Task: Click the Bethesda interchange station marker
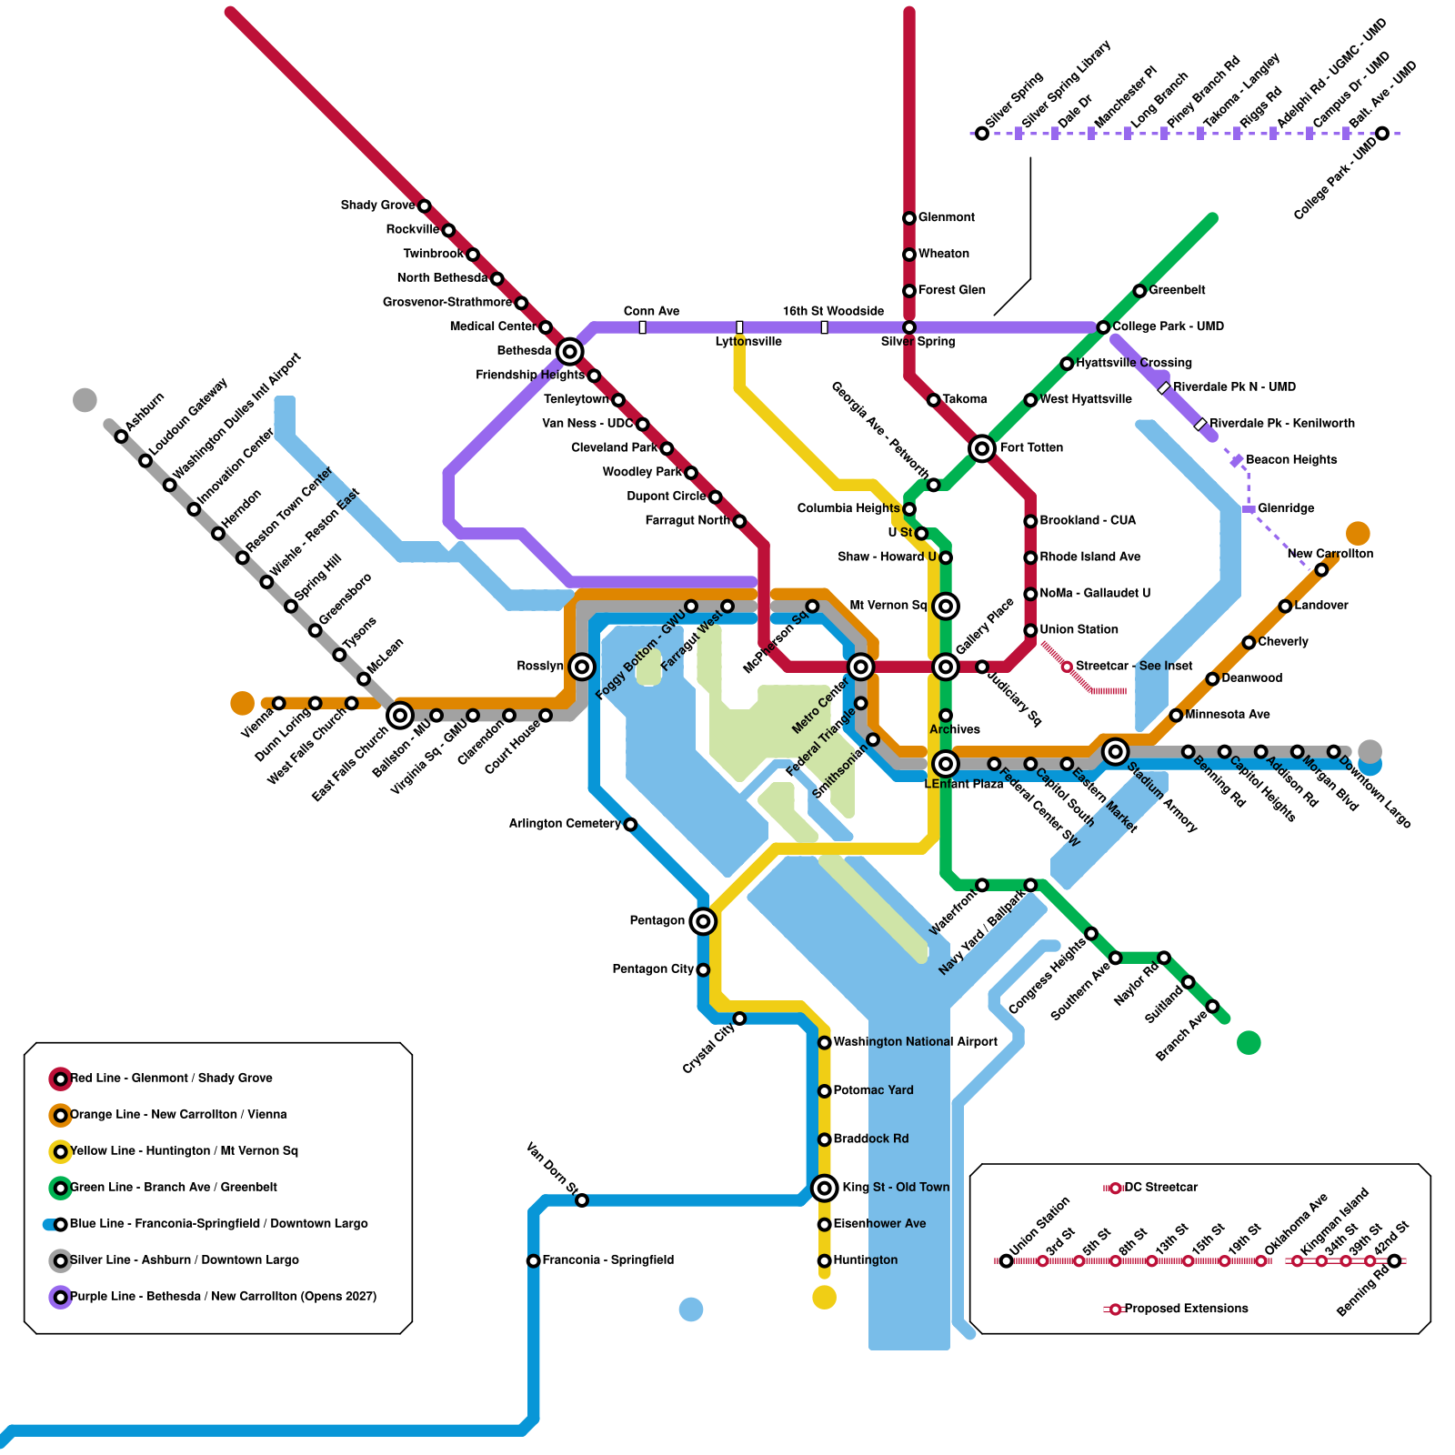tap(569, 351)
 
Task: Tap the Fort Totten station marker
tap(981, 447)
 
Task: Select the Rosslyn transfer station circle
tap(582, 667)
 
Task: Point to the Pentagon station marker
tap(702, 921)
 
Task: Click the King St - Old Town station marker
tap(824, 1188)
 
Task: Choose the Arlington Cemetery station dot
tap(630, 825)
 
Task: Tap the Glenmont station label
tap(946, 217)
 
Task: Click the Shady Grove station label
tap(377, 206)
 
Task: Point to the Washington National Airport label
tap(915, 1042)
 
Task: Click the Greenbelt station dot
tap(1139, 291)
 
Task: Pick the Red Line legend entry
tap(171, 1079)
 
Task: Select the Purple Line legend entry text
tap(223, 1297)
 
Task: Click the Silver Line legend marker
tap(60, 1260)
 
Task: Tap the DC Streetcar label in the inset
tap(1160, 1188)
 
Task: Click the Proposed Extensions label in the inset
tap(1186, 1309)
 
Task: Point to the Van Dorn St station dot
tap(582, 1200)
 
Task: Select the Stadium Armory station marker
tap(1115, 751)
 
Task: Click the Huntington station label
tap(865, 1260)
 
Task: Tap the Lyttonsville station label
tap(748, 342)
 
